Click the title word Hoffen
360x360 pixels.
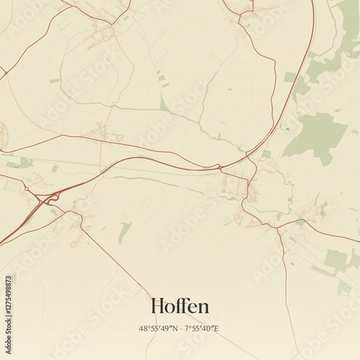tap(180, 306)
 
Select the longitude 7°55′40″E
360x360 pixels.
tap(202, 328)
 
